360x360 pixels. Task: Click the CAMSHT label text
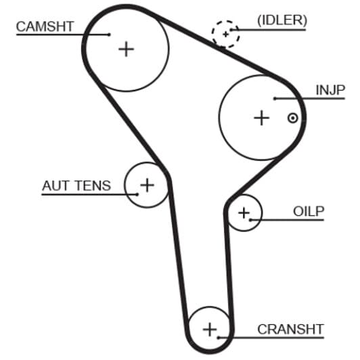click(45, 26)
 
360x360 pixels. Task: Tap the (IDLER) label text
click(282, 20)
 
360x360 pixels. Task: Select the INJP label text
click(330, 90)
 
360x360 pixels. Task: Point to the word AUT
click(55, 185)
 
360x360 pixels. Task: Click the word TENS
click(93, 185)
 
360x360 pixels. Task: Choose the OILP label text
click(309, 211)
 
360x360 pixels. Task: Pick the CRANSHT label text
click(290, 330)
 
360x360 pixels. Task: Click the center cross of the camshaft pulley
click(126, 49)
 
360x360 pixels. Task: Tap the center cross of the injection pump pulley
click(261, 118)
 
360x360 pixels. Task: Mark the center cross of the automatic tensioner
click(147, 185)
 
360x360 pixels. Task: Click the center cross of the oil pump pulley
click(244, 213)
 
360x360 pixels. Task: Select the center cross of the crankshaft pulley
click(210, 330)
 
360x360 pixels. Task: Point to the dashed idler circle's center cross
click(226, 35)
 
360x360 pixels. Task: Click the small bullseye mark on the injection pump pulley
click(293, 118)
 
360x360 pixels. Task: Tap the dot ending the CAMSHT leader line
click(110, 35)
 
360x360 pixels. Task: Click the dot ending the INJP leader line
click(275, 99)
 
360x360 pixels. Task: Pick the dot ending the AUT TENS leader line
click(137, 194)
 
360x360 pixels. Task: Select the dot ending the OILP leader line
click(250, 220)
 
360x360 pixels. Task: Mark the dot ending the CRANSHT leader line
click(219, 338)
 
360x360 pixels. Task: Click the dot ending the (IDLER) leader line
click(231, 30)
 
